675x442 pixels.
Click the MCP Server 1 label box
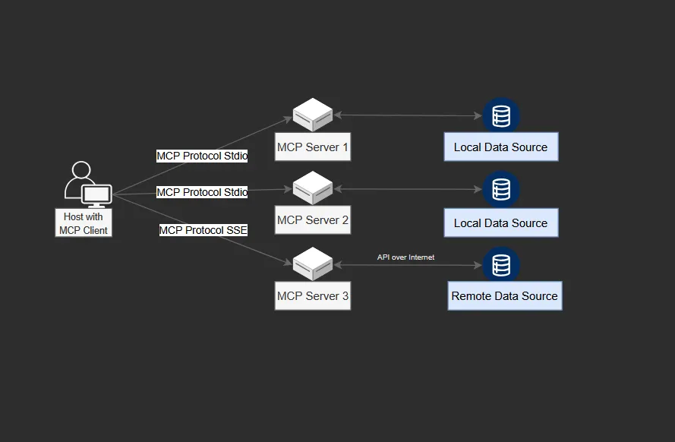(313, 147)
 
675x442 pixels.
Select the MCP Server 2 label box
(313, 220)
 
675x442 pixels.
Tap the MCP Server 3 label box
(313, 296)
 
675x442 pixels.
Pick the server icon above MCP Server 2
(313, 187)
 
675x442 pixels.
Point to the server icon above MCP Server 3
(313, 263)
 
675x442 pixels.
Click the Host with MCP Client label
(84, 223)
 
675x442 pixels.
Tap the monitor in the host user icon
(96, 195)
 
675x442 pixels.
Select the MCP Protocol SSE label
(203, 230)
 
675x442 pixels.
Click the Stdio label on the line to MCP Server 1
(202, 156)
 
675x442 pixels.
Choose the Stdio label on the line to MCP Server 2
(202, 192)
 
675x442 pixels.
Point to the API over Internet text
(406, 257)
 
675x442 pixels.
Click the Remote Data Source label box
(504, 296)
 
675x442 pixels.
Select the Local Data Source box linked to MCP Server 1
(500, 147)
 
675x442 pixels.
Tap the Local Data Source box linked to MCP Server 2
(500, 223)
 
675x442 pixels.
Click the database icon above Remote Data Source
(501, 265)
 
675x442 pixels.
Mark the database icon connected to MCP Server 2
(501, 189)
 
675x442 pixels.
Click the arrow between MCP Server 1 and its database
(408, 115)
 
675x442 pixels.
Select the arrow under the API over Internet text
(408, 265)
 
